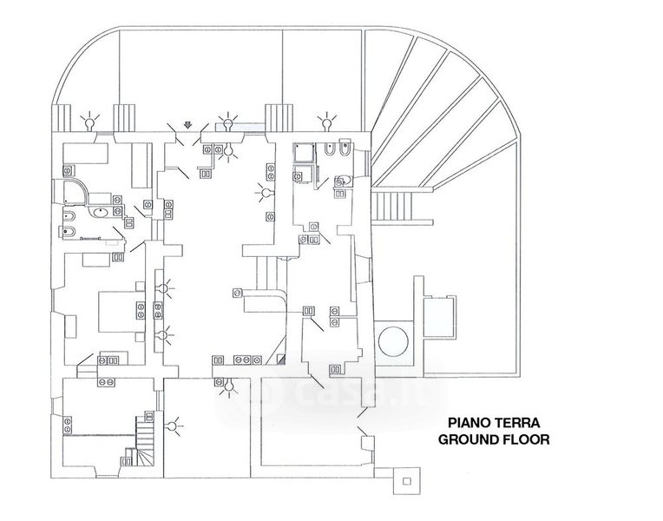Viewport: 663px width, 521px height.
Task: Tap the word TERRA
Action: pyautogui.click(x=518, y=422)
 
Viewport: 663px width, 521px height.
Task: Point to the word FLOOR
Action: pyautogui.click(x=526, y=439)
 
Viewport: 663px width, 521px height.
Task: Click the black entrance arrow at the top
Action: pyautogui.click(x=188, y=124)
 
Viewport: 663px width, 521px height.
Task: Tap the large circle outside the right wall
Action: pyautogui.click(x=393, y=341)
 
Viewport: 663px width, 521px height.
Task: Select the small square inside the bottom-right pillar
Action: pyautogui.click(x=407, y=481)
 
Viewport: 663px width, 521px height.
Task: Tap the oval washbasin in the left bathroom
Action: pyautogui.click(x=100, y=211)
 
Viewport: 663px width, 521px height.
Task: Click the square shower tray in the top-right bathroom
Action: pyautogui.click(x=304, y=153)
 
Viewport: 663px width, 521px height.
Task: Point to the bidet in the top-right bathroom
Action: pyautogui.click(x=328, y=150)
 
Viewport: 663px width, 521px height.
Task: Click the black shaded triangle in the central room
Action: pyautogui.click(x=282, y=359)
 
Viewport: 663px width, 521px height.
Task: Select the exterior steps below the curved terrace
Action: pyautogui.click(x=391, y=206)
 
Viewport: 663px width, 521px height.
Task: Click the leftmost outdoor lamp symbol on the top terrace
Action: pyautogui.click(x=89, y=122)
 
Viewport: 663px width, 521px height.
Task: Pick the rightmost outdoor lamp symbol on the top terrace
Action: pyautogui.click(x=326, y=122)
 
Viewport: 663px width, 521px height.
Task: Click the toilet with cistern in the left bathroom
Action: pyautogui.click(x=69, y=232)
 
